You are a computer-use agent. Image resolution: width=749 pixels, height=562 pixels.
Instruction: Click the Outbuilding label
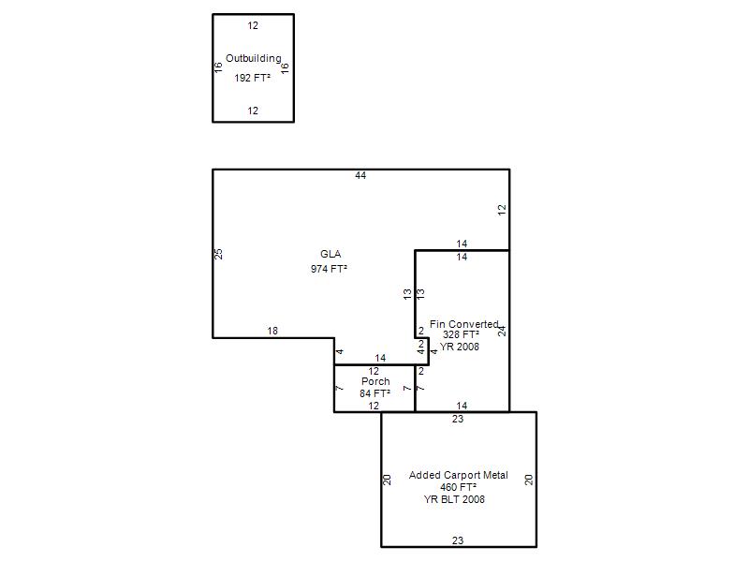point(254,58)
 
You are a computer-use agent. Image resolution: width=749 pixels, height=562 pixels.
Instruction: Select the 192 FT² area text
point(253,78)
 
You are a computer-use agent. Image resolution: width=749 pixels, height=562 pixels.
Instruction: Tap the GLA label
point(330,254)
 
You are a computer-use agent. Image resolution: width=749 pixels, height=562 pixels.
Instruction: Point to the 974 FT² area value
point(329,269)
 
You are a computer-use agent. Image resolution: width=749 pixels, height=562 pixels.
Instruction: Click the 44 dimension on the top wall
point(360,175)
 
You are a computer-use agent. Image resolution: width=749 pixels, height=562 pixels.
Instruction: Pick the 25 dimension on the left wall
point(218,254)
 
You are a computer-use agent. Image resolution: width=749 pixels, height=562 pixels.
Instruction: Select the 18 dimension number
point(272,331)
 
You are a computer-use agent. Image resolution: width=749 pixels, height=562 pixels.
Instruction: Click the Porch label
point(375,381)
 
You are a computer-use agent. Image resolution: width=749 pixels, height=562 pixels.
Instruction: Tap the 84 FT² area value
point(375,393)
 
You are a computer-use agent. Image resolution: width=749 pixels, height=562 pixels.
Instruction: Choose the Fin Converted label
point(463,324)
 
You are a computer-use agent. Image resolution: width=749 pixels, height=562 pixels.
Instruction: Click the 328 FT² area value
point(461,334)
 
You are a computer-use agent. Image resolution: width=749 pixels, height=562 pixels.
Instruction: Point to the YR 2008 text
point(460,347)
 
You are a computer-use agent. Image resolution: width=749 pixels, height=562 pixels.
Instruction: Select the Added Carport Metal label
point(459,475)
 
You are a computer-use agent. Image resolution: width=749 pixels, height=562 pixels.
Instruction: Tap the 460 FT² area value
point(458,487)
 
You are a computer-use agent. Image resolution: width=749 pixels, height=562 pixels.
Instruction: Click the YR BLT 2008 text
point(454,499)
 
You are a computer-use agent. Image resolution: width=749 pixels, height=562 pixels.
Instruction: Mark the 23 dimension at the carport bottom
point(458,540)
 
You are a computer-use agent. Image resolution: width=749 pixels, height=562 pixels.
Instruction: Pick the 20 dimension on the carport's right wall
point(529,480)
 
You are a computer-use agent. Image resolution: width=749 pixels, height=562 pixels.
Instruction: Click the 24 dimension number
point(502,331)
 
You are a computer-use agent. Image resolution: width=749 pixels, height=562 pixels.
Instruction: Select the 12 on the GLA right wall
point(502,209)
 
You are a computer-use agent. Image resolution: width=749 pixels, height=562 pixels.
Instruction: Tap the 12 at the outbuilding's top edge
point(253,25)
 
